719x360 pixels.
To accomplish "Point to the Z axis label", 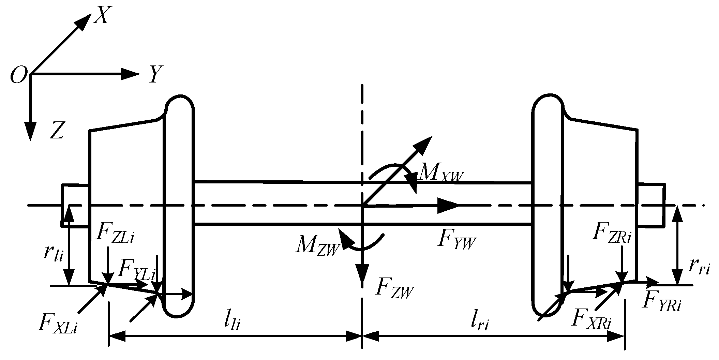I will (57, 130).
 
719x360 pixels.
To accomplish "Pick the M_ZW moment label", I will (318, 245).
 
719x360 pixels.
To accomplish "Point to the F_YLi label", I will (136, 269).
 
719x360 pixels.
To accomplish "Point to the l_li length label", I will (232, 322).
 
